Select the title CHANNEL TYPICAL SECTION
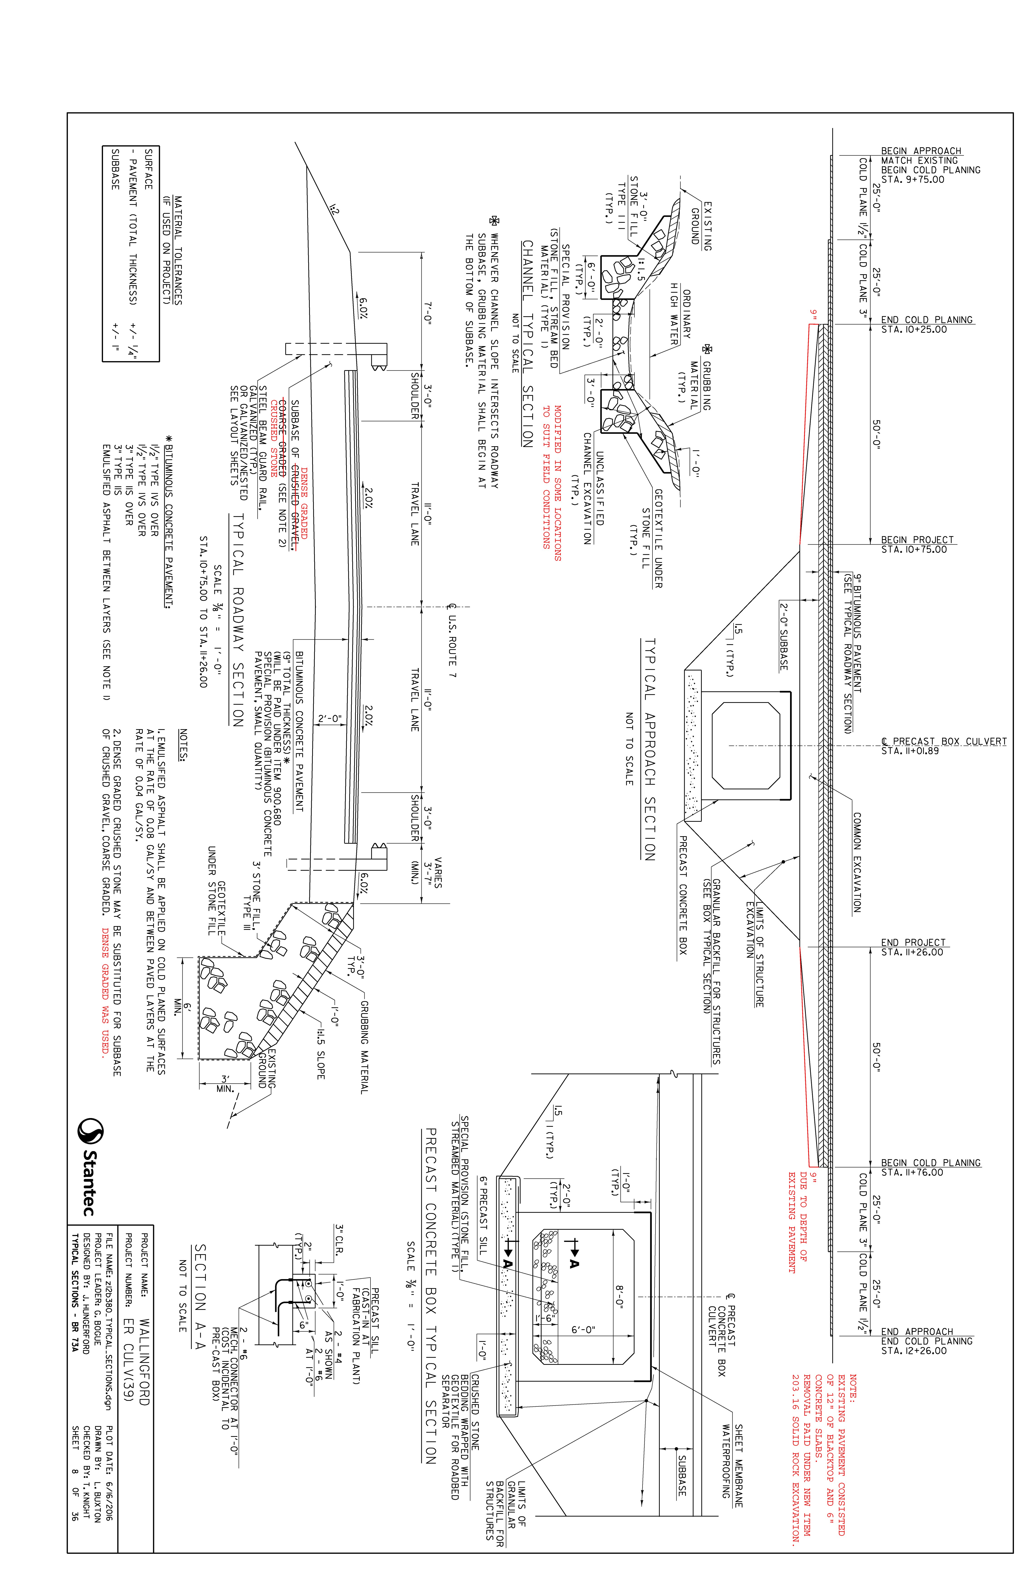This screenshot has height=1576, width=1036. tap(527, 344)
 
